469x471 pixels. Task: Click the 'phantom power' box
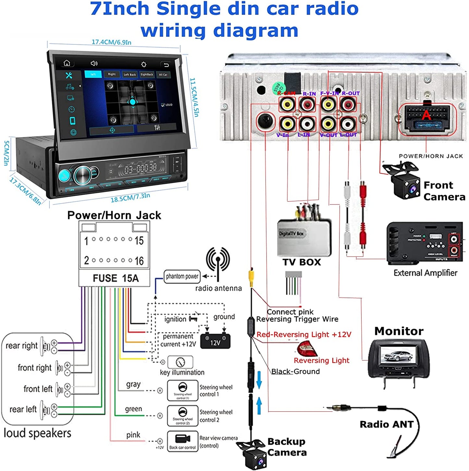(x=182, y=276)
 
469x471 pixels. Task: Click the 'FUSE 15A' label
(x=116, y=278)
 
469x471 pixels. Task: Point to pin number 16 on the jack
(x=139, y=261)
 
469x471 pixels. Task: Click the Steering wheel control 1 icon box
(x=182, y=391)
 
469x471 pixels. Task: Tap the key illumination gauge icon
(x=180, y=362)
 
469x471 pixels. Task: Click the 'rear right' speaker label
(x=21, y=346)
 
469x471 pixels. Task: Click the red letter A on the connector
(x=426, y=115)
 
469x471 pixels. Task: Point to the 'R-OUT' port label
(x=351, y=93)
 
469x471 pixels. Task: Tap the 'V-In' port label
(x=282, y=135)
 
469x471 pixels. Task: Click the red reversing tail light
(x=307, y=349)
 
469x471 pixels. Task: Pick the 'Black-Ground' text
(x=295, y=371)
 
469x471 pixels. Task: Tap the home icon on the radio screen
(x=67, y=63)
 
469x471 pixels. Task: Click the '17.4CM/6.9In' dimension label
(x=111, y=42)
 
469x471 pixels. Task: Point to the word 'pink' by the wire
(x=133, y=435)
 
